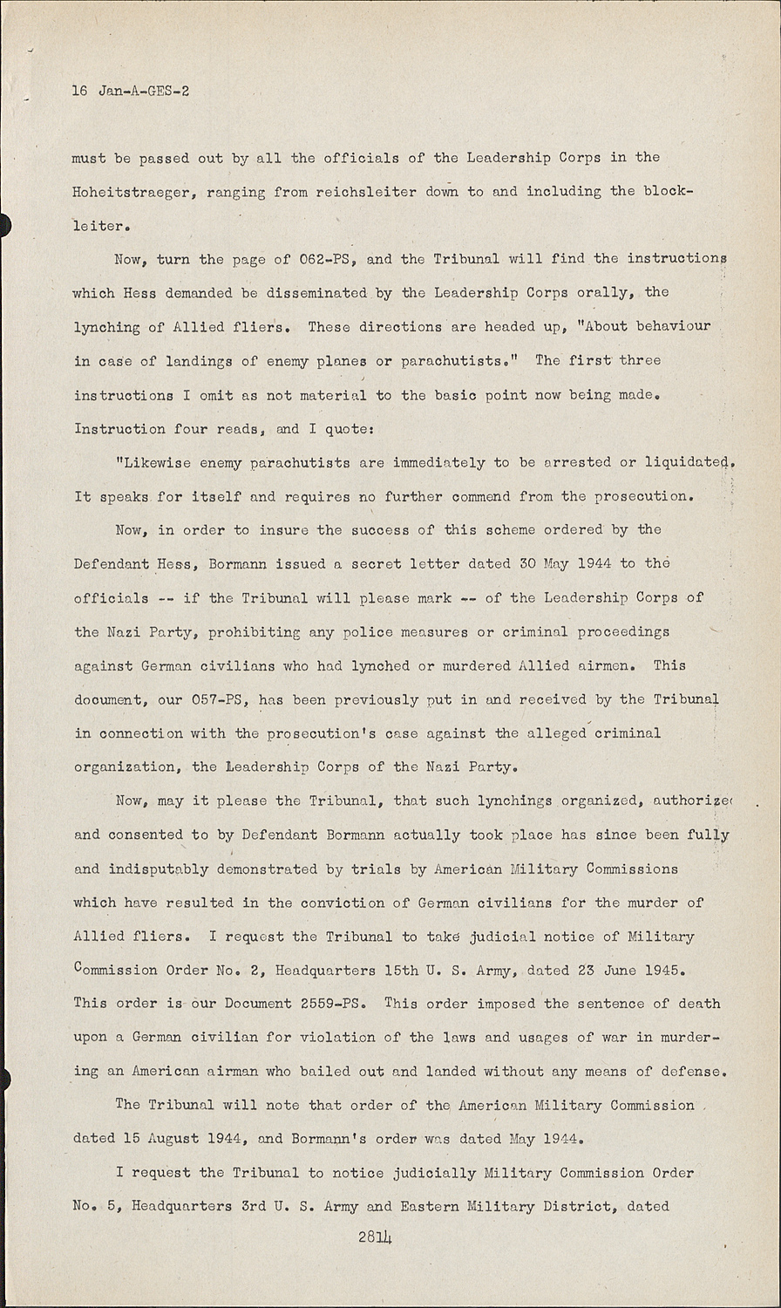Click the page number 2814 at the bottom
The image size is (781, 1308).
click(376, 1238)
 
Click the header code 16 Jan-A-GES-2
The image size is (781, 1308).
click(131, 90)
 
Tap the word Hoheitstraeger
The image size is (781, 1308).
click(130, 192)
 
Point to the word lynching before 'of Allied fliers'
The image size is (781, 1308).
click(106, 327)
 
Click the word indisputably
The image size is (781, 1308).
click(159, 869)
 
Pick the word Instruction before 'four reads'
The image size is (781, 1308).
click(119, 429)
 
